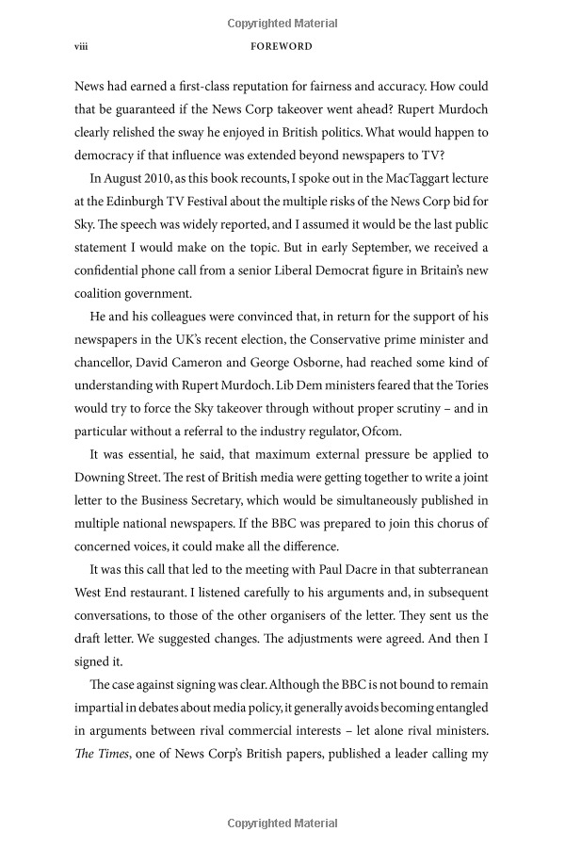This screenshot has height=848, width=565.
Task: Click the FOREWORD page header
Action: click(x=288, y=45)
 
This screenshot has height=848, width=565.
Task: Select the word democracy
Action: click(x=106, y=155)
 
